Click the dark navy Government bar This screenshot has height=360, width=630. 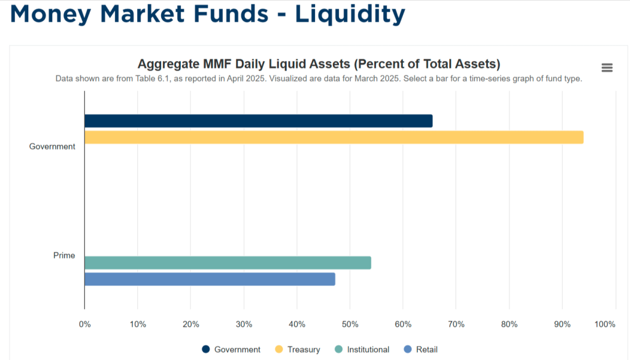258,121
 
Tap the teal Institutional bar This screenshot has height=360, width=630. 228,263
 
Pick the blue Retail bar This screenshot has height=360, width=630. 210,279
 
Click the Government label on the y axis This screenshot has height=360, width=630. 52,146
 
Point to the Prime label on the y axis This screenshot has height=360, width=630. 64,255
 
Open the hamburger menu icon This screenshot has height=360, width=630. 607,68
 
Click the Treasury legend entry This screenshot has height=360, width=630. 303,350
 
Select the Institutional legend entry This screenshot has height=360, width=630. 368,350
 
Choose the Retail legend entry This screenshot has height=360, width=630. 426,350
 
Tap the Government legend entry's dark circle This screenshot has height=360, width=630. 206,350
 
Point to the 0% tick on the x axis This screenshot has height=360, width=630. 85,324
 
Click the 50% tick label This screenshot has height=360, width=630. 350,324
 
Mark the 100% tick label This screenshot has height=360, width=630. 605,324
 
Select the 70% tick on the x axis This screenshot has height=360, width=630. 456,324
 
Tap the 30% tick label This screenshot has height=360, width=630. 244,324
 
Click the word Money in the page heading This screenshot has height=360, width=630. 49,14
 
